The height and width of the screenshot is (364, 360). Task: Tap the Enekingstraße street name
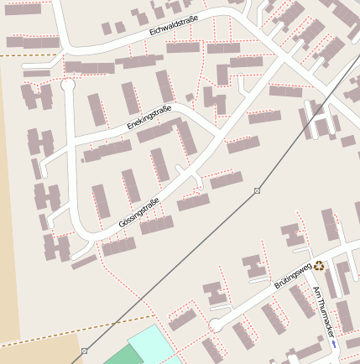149,117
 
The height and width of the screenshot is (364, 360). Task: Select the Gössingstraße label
138,211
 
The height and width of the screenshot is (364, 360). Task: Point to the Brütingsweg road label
293,276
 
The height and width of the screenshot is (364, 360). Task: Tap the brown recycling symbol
319,265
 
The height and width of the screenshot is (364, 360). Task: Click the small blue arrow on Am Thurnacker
333,344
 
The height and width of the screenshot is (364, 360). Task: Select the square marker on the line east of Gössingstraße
257,191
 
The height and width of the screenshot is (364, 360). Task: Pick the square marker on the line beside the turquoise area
85,351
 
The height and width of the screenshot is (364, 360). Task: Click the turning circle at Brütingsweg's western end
216,325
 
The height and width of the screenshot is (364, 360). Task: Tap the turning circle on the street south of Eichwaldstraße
68,85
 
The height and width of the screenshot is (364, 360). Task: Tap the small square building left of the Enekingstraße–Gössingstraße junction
190,98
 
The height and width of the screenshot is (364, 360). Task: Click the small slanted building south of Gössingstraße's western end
84,263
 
